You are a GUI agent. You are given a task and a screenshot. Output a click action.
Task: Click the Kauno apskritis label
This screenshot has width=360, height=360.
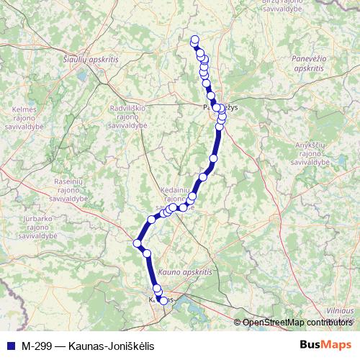coord(185,273)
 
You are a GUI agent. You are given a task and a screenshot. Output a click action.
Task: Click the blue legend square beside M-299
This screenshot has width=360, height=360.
coord(9,346)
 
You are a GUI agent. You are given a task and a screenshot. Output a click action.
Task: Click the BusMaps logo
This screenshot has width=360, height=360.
coord(325,345)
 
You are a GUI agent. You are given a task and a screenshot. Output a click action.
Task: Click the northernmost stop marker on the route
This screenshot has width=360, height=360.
coord(194,40)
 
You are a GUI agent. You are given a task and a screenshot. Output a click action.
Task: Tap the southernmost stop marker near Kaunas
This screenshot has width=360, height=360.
coord(163,301)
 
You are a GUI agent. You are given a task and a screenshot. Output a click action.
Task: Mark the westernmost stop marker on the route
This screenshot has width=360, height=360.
coord(137,243)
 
